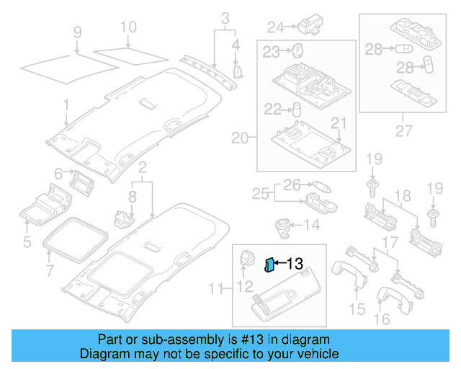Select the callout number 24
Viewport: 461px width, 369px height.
pyautogui.click(x=276, y=27)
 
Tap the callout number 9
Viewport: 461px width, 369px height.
pyautogui.click(x=77, y=32)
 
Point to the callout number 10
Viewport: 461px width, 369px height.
pyautogui.click(x=127, y=28)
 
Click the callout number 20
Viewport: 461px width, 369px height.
pyautogui.click(x=239, y=138)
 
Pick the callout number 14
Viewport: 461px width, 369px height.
pyautogui.click(x=311, y=225)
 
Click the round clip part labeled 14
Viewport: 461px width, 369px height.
pyautogui.click(x=282, y=225)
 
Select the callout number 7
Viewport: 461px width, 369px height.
pyautogui.click(x=50, y=271)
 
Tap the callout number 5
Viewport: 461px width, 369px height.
pyautogui.click(x=27, y=241)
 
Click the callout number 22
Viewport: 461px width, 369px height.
pyautogui.click(x=272, y=109)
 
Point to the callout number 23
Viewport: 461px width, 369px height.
pyautogui.click(x=271, y=51)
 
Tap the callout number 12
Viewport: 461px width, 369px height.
pyautogui.click(x=246, y=285)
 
